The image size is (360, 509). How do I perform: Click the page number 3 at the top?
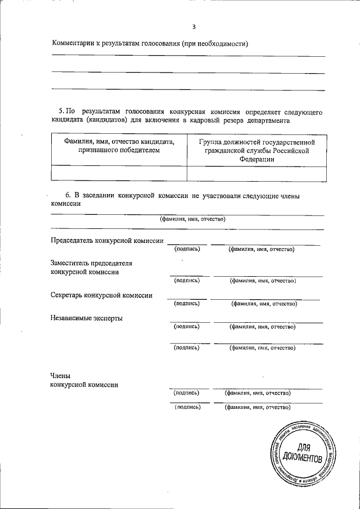point(193,26)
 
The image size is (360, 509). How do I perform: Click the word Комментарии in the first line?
point(75,43)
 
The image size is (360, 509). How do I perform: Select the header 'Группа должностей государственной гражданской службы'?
point(256,146)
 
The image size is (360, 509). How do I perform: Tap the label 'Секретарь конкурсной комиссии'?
point(101,295)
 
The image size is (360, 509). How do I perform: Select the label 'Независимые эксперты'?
point(86,318)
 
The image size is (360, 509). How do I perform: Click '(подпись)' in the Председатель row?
point(187,249)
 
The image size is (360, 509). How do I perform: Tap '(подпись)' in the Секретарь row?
point(187,304)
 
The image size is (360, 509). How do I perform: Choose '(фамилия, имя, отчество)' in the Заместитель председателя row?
point(263,281)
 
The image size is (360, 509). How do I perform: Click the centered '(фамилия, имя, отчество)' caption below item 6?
point(192,219)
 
